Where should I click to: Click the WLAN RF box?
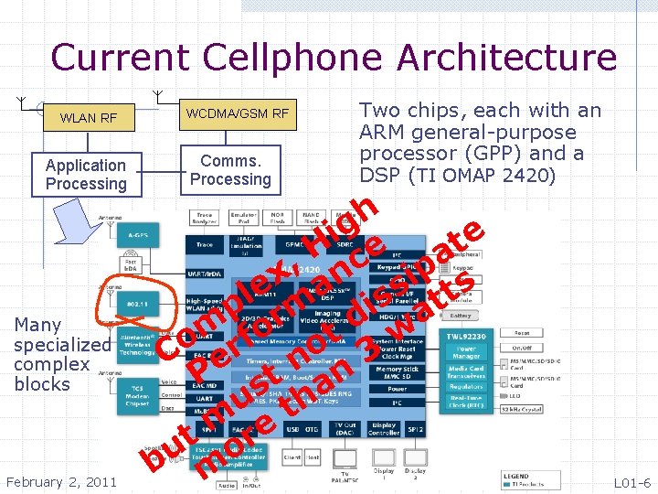[x=89, y=118]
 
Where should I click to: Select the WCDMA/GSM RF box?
[x=237, y=114]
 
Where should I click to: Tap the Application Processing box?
[x=86, y=174]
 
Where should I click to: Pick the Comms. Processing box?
[x=230, y=169]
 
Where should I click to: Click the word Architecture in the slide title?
[x=493, y=58]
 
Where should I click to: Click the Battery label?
[x=461, y=315]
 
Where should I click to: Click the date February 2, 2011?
[x=61, y=482]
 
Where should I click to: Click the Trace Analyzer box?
[x=205, y=219]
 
